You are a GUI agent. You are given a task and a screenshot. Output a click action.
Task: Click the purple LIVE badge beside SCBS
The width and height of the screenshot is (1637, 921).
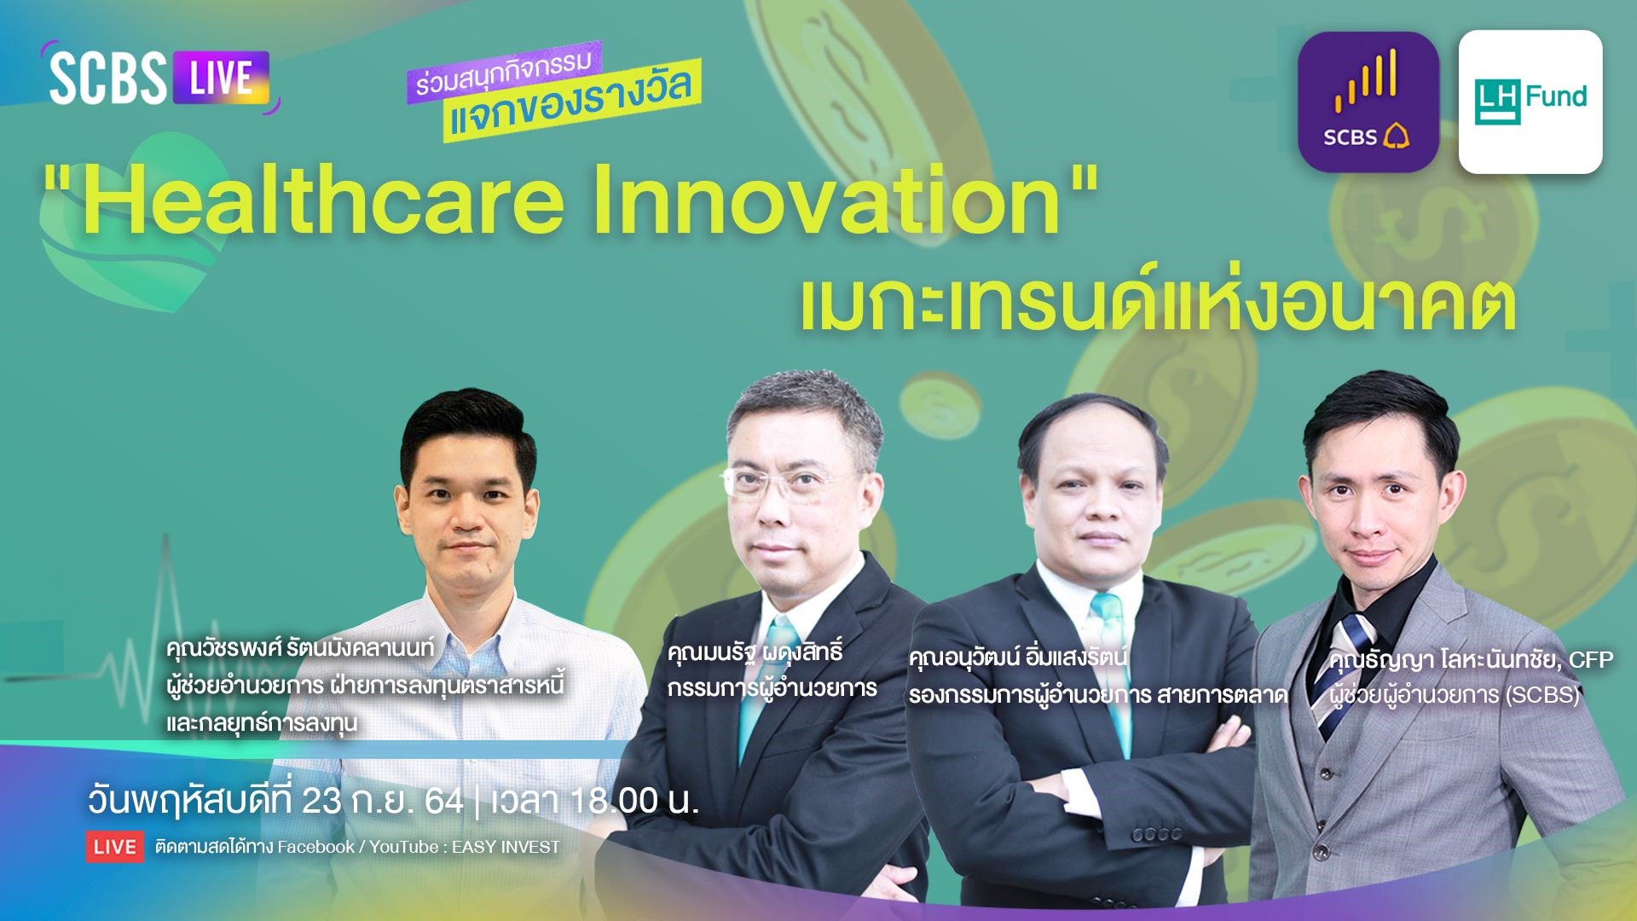[x=222, y=78]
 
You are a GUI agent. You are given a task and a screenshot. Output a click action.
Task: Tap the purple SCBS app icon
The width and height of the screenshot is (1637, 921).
[x=1368, y=101]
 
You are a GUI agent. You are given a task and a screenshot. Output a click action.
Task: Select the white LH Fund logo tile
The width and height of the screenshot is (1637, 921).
[x=1530, y=102]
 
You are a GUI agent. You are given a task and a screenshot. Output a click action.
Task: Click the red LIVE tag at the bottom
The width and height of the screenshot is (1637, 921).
[x=114, y=847]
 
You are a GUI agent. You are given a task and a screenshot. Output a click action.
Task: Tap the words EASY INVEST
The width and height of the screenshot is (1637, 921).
[x=506, y=847]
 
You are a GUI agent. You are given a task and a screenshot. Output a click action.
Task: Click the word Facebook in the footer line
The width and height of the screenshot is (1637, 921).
[x=315, y=847]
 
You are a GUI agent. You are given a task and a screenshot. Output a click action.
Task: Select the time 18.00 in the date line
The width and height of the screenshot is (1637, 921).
[x=614, y=801]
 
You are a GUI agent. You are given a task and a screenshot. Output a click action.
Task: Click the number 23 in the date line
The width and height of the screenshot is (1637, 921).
[x=321, y=801]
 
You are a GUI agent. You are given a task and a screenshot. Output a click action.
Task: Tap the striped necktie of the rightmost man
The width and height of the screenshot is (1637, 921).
[x=1345, y=674]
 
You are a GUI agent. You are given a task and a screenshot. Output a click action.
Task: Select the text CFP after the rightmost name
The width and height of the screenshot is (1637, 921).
[x=1591, y=659]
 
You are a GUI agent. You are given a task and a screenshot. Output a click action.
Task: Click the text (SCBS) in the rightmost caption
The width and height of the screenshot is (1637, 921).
[x=1542, y=695]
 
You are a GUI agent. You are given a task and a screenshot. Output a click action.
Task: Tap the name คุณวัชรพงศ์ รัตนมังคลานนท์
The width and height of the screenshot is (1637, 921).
[x=300, y=648]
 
